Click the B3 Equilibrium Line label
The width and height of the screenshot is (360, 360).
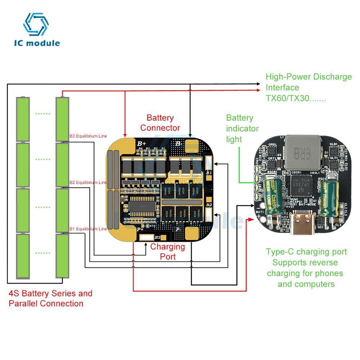(x=88, y=136)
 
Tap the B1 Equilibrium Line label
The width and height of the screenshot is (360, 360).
(x=88, y=229)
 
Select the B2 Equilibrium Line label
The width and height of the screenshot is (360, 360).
(x=88, y=183)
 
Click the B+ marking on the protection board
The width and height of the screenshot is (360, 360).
(x=141, y=143)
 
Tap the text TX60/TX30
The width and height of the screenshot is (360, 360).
(x=295, y=98)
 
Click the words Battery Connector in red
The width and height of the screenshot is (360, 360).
(x=160, y=122)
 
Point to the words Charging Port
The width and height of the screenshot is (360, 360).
(x=168, y=251)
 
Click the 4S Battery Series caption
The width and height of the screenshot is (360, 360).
(x=50, y=298)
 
